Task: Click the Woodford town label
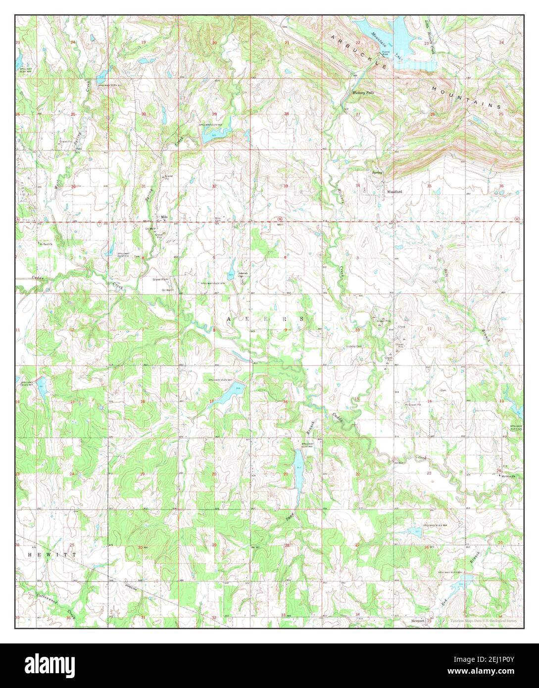(x=394, y=192)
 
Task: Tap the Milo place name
(x=163, y=217)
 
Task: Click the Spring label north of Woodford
(x=378, y=172)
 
